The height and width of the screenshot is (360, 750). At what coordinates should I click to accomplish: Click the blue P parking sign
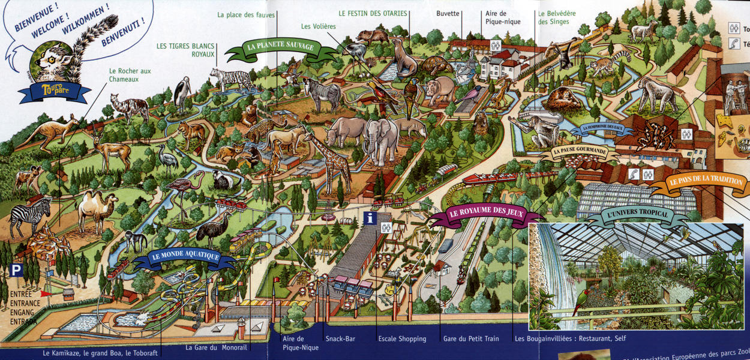17,271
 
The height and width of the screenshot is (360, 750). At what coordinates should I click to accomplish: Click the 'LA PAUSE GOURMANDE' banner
578,152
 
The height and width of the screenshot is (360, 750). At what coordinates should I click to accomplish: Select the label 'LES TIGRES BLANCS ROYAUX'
185,50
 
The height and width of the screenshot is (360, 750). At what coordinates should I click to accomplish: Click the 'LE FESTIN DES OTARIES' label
373,13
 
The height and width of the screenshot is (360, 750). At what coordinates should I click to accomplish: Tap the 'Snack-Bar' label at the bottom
340,339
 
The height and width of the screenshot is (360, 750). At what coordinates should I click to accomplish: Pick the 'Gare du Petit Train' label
471,339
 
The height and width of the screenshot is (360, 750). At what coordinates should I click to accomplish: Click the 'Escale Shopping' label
402,339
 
